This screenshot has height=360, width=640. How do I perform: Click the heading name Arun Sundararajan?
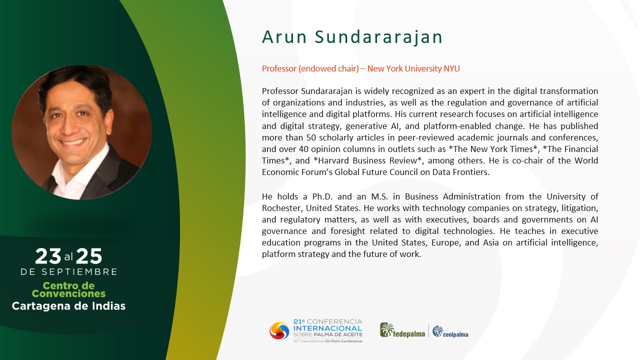(x=352, y=37)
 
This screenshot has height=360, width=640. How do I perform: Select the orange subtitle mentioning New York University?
(x=361, y=68)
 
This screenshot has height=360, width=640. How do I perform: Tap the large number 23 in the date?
(x=48, y=256)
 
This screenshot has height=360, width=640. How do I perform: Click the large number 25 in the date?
(x=89, y=256)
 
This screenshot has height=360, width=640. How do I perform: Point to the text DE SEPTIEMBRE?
(x=69, y=271)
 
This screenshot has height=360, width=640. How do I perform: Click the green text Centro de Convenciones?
(x=68, y=289)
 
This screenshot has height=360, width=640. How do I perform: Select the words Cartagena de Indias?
(x=68, y=306)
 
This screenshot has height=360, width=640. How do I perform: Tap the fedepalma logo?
(x=402, y=330)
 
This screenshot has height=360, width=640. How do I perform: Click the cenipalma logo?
(x=450, y=331)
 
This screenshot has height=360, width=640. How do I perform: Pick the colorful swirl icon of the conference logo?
(x=279, y=331)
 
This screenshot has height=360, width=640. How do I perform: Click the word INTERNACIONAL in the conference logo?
(x=327, y=328)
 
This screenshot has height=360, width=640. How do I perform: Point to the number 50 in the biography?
(x=311, y=137)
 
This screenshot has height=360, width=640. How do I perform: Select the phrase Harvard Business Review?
(x=367, y=160)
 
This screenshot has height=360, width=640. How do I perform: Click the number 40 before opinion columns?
(x=303, y=149)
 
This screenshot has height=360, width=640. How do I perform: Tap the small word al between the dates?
(x=68, y=257)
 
